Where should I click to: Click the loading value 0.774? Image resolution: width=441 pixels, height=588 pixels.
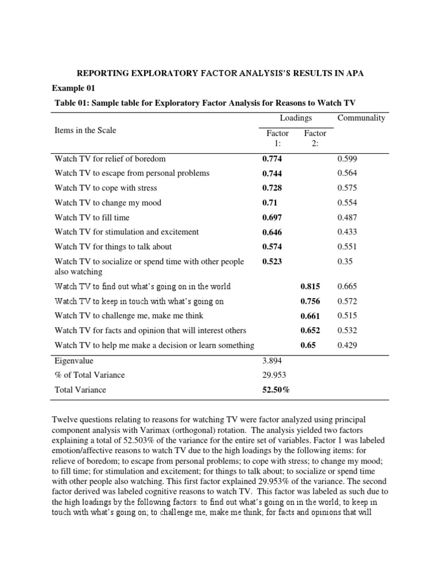[272, 158]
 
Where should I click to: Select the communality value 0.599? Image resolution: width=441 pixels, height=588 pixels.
[347, 158]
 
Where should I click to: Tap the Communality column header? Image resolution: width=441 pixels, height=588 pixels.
[361, 118]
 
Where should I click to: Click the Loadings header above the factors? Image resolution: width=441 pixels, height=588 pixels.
[296, 118]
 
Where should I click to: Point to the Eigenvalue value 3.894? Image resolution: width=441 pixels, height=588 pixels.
[272, 361]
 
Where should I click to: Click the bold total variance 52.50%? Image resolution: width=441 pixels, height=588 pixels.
[276, 390]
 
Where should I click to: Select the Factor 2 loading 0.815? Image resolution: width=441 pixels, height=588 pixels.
[310, 287]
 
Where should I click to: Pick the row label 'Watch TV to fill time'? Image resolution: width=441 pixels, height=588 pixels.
[92, 218]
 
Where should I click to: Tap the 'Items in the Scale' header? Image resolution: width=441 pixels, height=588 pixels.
[85, 130]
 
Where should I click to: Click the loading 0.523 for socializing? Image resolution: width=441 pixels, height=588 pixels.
[272, 262]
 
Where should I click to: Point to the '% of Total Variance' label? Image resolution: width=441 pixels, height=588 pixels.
[89, 375]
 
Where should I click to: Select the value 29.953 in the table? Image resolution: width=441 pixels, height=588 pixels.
[274, 375]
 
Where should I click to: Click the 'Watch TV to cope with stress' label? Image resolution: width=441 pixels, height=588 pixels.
[106, 188]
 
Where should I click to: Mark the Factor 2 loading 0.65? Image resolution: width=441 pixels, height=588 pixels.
[308, 346]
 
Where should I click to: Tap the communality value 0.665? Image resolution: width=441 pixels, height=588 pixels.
[347, 287]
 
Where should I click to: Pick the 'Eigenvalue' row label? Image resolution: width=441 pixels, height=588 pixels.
[73, 361]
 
